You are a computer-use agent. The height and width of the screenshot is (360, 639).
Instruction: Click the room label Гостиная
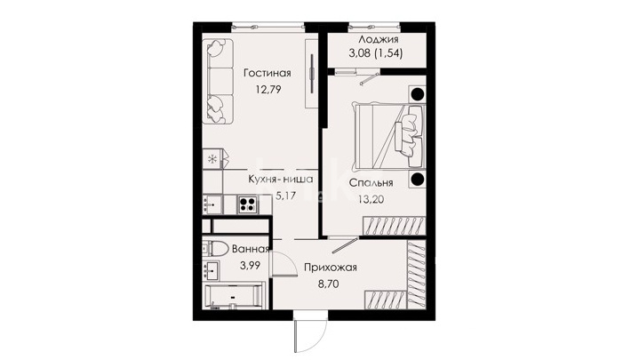coord(268,73)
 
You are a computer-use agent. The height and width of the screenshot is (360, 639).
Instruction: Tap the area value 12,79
coord(268,89)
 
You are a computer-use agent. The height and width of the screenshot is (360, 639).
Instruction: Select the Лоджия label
coord(379,39)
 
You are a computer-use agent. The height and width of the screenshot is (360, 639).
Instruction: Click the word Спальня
coord(371,182)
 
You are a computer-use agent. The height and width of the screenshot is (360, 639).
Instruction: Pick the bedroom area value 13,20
coord(371,199)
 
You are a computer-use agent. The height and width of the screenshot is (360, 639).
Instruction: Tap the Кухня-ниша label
coord(281,180)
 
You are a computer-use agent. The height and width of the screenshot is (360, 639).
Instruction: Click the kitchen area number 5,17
coord(285,196)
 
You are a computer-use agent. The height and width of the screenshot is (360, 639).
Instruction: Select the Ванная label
coord(251,249)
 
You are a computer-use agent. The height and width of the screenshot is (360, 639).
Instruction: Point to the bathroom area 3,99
coord(250,266)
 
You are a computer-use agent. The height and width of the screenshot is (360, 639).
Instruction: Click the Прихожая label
coord(331,268)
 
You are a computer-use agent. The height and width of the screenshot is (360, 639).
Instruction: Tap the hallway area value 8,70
coord(329,284)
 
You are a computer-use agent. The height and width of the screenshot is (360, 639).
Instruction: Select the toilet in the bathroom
coord(215,248)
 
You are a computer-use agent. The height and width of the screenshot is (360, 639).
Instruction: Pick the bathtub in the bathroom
coord(233,296)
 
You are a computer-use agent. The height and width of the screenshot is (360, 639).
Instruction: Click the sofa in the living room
coord(217,81)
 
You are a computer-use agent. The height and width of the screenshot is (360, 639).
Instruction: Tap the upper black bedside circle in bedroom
coord(417,94)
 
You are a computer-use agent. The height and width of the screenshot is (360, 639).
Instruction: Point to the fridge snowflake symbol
coord(212,159)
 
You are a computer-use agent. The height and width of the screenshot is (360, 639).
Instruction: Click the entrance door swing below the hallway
coord(310,332)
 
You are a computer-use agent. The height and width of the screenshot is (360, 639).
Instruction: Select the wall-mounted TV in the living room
coord(312,74)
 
